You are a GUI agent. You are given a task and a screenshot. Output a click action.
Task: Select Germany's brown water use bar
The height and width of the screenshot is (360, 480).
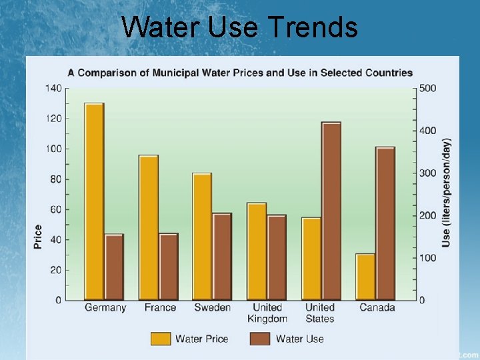coord(114,267)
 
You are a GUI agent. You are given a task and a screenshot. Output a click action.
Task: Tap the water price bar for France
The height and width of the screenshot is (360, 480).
coord(148,227)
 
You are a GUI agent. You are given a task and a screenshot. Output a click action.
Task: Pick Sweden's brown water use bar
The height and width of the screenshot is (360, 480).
coord(222,257)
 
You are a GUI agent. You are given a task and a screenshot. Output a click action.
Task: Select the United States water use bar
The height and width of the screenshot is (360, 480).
coord(331,211)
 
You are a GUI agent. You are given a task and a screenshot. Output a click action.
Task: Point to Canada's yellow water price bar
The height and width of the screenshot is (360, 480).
coord(365,277)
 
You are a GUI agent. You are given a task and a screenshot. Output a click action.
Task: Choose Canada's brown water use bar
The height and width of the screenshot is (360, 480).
coord(385,223)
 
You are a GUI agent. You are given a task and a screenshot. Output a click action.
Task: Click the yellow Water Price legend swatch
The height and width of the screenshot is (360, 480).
coord(160,339)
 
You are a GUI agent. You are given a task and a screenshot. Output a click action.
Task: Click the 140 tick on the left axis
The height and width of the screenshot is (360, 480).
coord(54,88)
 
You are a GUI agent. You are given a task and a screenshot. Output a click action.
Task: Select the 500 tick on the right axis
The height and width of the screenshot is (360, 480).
coord(427,88)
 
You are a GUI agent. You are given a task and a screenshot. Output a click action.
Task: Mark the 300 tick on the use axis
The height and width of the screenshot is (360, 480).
coord(427,173)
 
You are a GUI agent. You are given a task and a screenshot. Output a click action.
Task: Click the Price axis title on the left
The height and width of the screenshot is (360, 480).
coord(38,237)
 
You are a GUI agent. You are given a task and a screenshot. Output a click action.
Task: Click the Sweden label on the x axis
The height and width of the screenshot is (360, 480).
coord(212,307)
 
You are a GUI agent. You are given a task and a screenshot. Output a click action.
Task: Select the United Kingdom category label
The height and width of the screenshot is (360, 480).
coord(267,313)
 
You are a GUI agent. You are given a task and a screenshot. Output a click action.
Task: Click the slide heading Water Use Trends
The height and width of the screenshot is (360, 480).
coord(240,27)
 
